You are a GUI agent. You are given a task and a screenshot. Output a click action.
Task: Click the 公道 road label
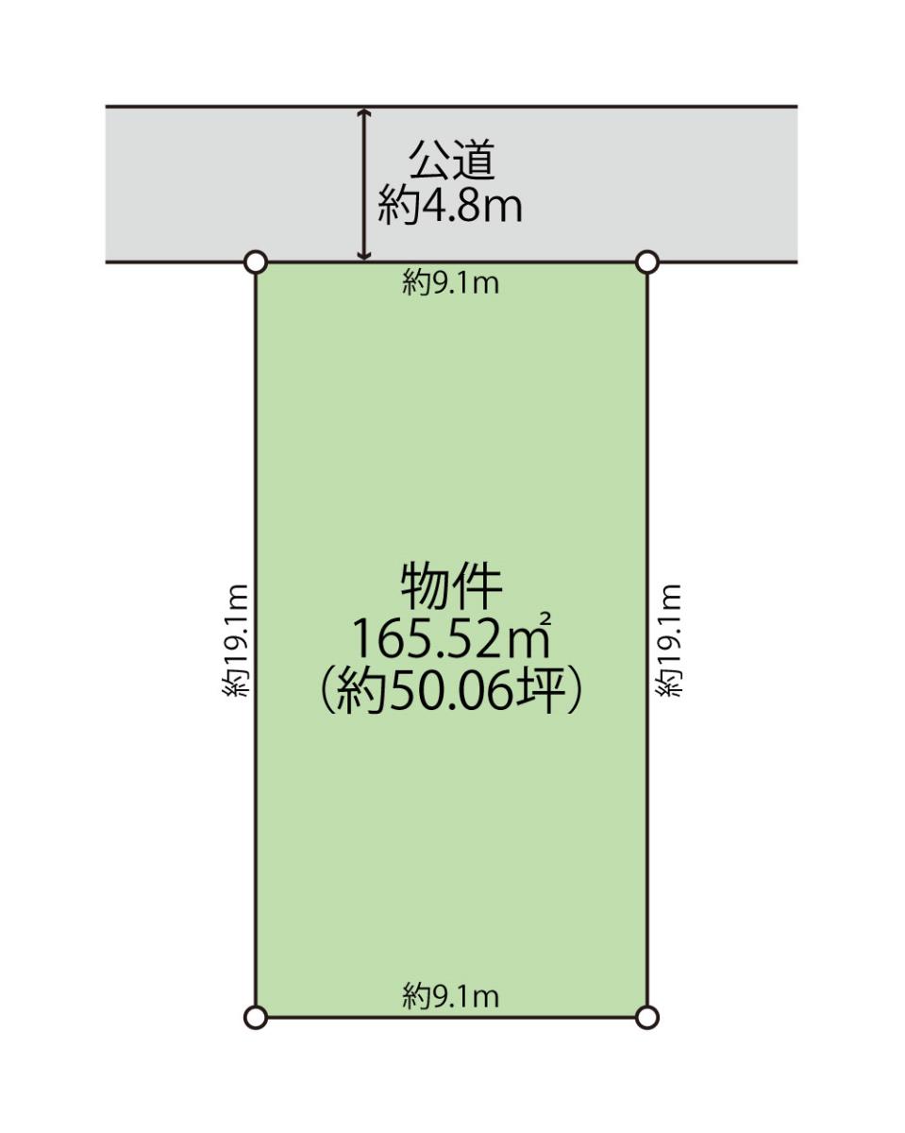click(452, 160)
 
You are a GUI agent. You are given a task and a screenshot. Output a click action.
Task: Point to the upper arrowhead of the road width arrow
click(363, 112)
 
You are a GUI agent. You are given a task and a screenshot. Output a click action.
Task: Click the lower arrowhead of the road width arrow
click(363, 255)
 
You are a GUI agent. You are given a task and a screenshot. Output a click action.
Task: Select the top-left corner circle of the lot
click(257, 262)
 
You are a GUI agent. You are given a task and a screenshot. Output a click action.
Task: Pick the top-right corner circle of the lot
click(647, 262)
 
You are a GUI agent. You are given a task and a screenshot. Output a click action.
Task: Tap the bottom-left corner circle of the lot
click(257, 1017)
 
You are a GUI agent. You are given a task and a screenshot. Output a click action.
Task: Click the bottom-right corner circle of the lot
click(647, 1017)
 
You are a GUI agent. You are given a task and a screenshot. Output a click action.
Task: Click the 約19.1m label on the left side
click(235, 641)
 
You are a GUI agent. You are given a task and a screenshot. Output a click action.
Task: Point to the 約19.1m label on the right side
click(669, 641)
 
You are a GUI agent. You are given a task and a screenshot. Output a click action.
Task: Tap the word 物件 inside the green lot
click(451, 587)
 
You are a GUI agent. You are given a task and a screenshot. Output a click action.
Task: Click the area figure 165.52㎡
click(451, 637)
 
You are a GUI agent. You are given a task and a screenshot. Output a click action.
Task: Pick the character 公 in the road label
click(430, 160)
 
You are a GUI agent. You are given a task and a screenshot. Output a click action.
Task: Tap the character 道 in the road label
click(474, 160)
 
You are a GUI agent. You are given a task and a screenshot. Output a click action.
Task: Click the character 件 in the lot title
click(478, 587)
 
